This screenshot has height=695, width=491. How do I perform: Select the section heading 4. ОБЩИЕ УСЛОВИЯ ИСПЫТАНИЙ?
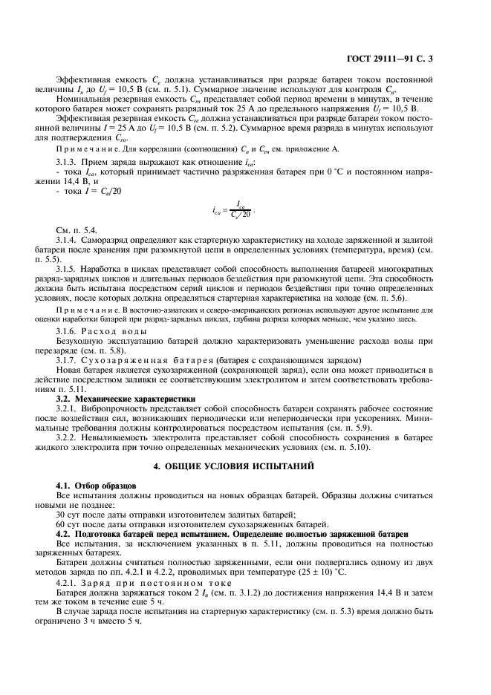[x=244, y=466]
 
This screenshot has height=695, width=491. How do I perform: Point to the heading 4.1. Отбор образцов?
[x=87, y=484]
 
